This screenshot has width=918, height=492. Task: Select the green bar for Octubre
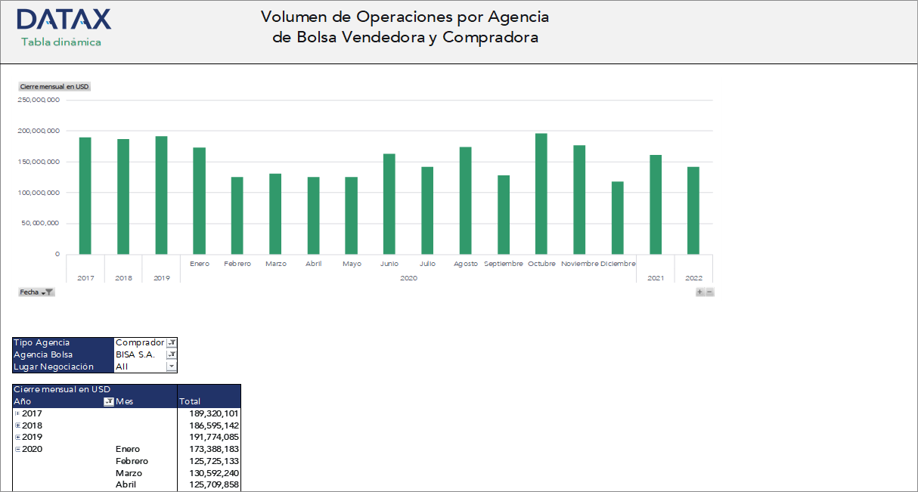pos(541,194)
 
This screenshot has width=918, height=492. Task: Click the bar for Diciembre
pos(617,218)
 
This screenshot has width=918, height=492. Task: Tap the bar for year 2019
pos(161,195)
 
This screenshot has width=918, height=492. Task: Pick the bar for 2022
pos(693,210)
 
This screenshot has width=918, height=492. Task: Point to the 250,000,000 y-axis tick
pos(39,100)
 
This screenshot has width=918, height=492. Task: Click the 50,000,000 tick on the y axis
pos(41,224)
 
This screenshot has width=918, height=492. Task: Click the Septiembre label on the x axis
pos(503,264)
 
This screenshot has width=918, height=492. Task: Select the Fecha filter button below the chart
pos(36,292)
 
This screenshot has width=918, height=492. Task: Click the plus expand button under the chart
pos(700,292)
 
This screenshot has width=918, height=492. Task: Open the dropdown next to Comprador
pos(172,343)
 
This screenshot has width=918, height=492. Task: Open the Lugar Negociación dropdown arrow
pos(172,367)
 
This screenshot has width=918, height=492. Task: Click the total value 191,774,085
pos(213,437)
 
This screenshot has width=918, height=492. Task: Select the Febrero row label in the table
pos(132,461)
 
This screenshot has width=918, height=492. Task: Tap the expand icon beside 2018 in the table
pos(17,425)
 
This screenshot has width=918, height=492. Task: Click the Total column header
pos(190,401)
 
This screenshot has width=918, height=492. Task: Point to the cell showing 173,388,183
pos(213,449)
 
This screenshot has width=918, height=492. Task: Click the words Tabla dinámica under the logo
pos(61,42)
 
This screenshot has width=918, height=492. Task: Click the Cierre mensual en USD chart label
pos(54,87)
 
